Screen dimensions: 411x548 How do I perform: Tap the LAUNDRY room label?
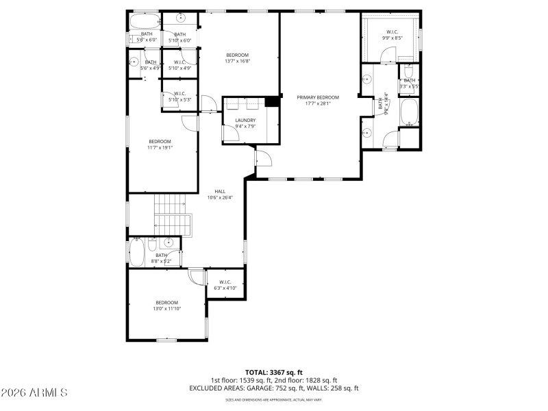point(245,120)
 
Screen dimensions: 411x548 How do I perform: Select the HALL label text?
point(220,191)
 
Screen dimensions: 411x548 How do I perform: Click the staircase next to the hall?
point(171,214)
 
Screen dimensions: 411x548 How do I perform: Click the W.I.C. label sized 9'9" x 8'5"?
point(393,32)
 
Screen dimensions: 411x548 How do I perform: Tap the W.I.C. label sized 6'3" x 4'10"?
point(225,282)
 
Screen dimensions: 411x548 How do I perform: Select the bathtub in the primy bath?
point(410,113)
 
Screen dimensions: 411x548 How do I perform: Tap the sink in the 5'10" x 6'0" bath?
point(182,18)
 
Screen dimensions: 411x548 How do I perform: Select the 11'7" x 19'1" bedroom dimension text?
point(160,147)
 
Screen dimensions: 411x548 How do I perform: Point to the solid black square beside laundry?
point(272,102)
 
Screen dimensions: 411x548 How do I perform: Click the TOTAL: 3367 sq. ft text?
point(273,372)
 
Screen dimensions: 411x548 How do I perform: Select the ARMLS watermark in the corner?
point(34,393)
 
